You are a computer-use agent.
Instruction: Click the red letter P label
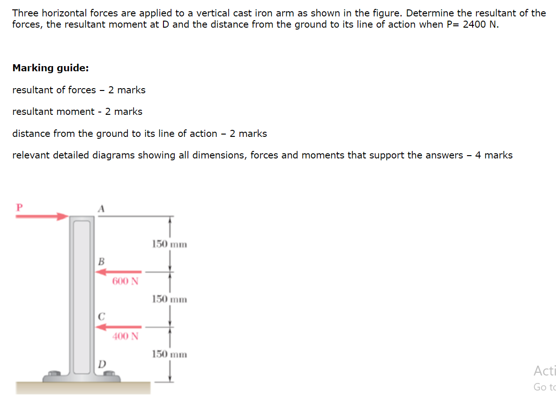19,207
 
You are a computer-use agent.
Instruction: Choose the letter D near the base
102,363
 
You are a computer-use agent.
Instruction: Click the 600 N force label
125,281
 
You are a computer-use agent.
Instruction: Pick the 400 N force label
125,336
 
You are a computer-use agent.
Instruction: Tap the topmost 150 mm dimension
170,244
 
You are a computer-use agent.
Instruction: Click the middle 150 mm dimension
170,299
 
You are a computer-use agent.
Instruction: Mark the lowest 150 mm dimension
170,354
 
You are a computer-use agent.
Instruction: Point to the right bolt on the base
110,374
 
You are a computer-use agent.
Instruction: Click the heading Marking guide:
51,68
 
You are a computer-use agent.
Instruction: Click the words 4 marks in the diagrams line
494,155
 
